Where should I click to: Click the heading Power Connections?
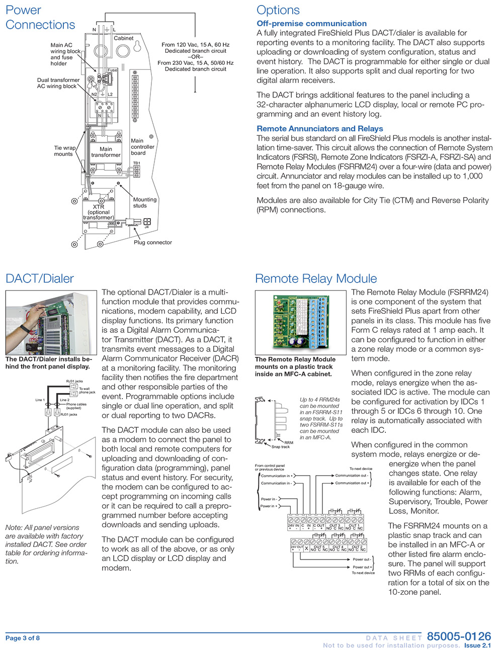40,18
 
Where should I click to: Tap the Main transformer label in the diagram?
106,152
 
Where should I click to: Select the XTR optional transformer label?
99,212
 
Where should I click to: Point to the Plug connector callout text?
152,242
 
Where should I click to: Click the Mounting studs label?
144,202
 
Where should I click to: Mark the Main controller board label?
142,147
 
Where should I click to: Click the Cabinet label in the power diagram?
124,38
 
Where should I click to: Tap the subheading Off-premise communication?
311,24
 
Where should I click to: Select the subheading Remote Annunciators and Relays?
319,129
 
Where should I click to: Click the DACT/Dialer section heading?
40,279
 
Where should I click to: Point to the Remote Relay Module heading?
316,279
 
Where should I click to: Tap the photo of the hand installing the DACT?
50,322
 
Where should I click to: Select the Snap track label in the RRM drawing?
280,446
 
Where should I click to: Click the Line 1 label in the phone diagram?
40,400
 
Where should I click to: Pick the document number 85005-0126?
459,636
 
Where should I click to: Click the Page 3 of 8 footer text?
23,638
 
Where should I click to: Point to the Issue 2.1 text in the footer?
477,645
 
